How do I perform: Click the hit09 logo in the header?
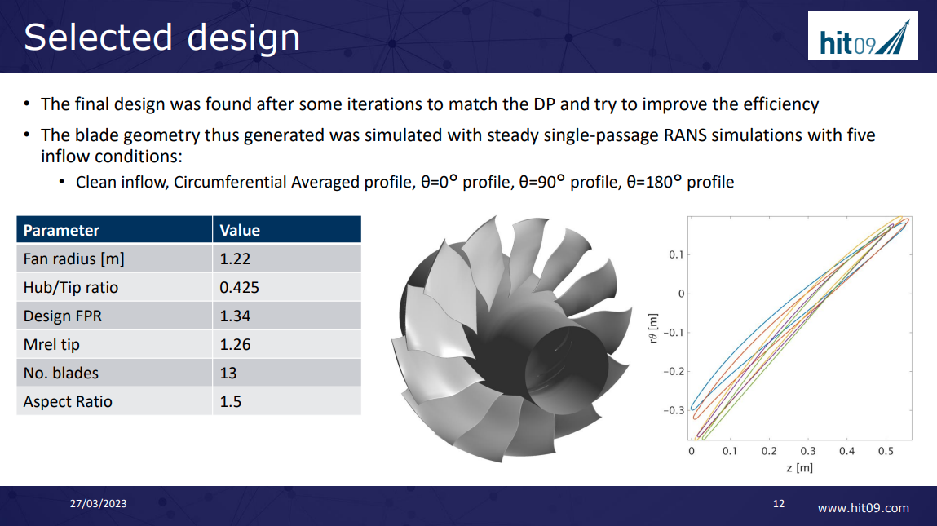point(863,36)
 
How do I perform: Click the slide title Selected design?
point(161,38)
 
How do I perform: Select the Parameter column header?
point(61,230)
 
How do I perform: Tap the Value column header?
point(240,230)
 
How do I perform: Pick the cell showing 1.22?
point(235,259)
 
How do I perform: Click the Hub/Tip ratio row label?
point(70,288)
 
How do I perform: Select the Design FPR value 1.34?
point(235,316)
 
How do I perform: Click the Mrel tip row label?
point(51,345)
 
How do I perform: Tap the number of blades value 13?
point(228,374)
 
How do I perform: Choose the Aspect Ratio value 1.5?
point(231,402)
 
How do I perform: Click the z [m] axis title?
point(799,467)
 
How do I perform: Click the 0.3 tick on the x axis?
point(807,451)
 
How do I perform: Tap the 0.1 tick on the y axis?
point(676,255)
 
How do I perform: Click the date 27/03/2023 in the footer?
point(98,504)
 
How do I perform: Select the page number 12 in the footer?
point(778,504)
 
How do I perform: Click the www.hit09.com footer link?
point(863,508)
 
